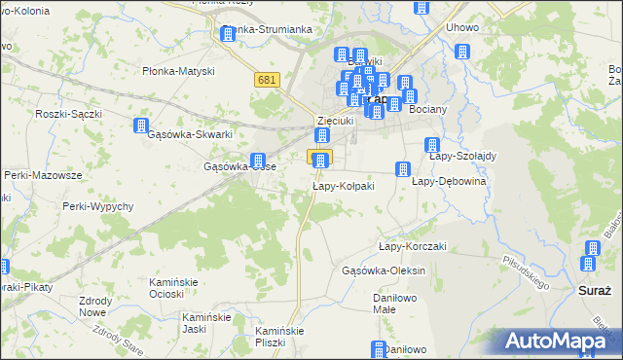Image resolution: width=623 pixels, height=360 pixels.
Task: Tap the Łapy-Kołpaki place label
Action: (343, 186)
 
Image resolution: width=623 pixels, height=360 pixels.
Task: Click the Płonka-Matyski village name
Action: (178, 70)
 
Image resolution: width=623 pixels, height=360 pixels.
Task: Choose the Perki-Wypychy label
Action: (94, 206)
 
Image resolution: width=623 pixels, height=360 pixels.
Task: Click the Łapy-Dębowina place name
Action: (449, 181)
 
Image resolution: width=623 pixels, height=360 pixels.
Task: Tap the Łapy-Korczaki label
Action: (412, 246)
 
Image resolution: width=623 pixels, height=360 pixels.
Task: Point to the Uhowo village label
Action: (462, 27)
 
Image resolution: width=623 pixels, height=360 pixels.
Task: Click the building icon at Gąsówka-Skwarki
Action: (141, 126)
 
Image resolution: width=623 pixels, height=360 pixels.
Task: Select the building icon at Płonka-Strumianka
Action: (228, 35)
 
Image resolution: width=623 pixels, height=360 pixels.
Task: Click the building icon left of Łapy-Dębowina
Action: (402, 170)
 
